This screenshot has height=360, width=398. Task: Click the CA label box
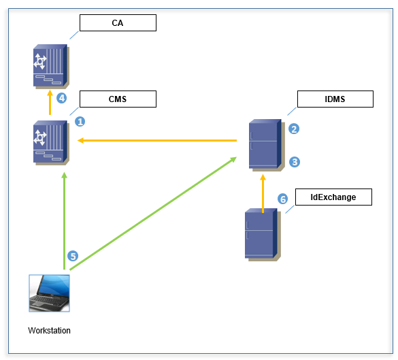coord(118,23)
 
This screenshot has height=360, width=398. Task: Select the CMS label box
coord(118,99)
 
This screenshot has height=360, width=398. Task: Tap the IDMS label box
coord(335,99)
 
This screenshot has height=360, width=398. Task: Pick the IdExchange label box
coord(333,197)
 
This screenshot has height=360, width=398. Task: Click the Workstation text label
coord(49,331)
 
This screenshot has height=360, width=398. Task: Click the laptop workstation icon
coord(49,293)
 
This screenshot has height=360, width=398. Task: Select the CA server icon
coord(51,67)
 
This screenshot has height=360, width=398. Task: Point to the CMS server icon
coord(51,143)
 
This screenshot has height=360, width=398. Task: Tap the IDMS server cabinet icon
coord(267,145)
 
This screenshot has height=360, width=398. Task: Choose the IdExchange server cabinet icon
coord(263,235)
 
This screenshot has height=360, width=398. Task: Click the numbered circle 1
coord(80,122)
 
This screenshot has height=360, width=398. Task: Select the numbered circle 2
coord(294,129)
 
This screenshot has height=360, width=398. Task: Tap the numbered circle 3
coord(295,162)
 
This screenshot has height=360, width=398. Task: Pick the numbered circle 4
coord(62,98)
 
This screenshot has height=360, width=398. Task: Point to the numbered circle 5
coord(73,256)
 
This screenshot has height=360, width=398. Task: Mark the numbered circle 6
coord(282,199)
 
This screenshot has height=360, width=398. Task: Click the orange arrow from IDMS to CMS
coord(157,140)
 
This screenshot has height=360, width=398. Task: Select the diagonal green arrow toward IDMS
coord(153,213)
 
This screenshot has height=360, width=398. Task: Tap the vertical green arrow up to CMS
coord(65,220)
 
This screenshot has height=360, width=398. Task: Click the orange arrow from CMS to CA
coord(50,102)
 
